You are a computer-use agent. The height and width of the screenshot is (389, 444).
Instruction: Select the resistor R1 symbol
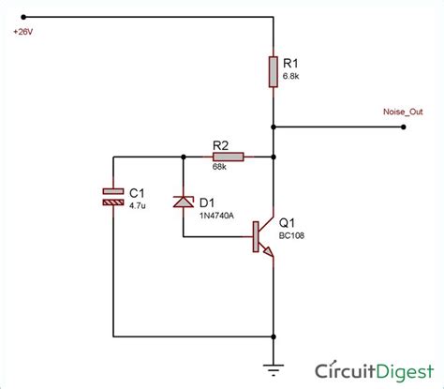[x=273, y=71]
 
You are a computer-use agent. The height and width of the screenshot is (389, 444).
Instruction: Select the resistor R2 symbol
[x=228, y=157]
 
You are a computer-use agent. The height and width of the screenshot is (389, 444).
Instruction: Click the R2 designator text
[x=222, y=144]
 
